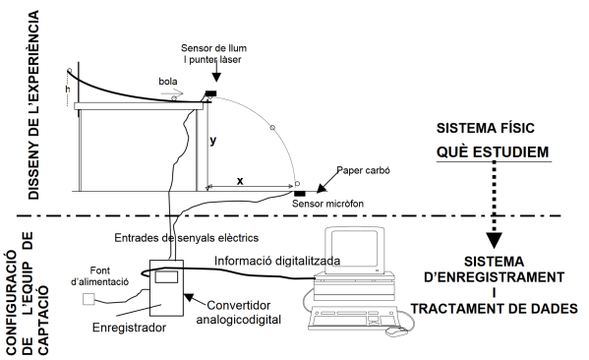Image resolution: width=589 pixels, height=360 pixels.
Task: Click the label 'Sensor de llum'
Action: pyautogui.click(x=213, y=48)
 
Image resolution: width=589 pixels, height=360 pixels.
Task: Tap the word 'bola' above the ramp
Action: pyautogui.click(x=168, y=82)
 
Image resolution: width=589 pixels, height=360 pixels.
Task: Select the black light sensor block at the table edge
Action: pyautogui.click(x=210, y=93)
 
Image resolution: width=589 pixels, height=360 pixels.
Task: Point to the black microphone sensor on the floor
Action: pyautogui.click(x=299, y=194)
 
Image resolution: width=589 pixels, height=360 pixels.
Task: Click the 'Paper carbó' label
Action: pyautogui.click(x=363, y=170)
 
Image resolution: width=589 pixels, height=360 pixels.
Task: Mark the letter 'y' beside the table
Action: pyautogui.click(x=213, y=141)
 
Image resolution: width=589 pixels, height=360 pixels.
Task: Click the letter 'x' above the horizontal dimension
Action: pyautogui.click(x=240, y=181)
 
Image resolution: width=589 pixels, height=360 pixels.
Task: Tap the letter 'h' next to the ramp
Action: pyautogui.click(x=68, y=90)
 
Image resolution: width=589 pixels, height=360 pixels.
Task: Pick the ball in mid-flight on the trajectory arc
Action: pyautogui.click(x=272, y=128)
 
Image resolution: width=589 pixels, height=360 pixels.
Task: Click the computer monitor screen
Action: pyautogui.click(x=354, y=250)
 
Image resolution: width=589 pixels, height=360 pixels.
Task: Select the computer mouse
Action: pyautogui.click(x=396, y=331)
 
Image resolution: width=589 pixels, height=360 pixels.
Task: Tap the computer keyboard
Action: pyautogui.click(x=352, y=318)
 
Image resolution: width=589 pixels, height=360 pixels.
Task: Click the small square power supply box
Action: pyautogui.click(x=88, y=299)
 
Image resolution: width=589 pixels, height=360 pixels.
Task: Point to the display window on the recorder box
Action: pyautogui.click(x=166, y=276)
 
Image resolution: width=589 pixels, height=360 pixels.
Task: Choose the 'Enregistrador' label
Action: pyautogui.click(x=129, y=328)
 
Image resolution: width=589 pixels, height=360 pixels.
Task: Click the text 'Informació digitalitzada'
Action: pyautogui.click(x=277, y=261)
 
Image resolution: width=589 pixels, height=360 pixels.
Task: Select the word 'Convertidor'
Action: pyautogui.click(x=239, y=305)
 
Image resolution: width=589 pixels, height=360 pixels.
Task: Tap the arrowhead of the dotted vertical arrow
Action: pyautogui.click(x=494, y=240)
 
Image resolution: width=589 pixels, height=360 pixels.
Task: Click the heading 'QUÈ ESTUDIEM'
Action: pyautogui.click(x=493, y=151)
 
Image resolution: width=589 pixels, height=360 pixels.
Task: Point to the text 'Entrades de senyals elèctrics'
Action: pyautogui.click(x=186, y=238)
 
